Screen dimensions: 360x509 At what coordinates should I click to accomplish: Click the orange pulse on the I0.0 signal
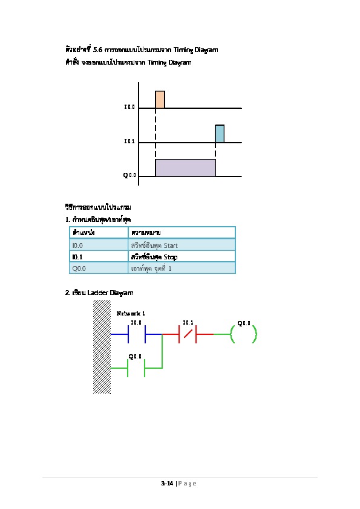[x=160, y=99]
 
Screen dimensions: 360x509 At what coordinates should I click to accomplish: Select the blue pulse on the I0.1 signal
[x=220, y=134]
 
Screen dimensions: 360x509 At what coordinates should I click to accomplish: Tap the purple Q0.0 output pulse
[x=185, y=167]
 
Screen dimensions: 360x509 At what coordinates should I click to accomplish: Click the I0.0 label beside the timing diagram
[x=129, y=107]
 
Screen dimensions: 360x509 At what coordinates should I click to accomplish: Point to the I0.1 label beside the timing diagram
[x=129, y=141]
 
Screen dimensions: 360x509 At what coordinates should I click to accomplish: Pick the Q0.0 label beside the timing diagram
[x=129, y=175]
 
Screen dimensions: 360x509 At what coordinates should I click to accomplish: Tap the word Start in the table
[x=171, y=245]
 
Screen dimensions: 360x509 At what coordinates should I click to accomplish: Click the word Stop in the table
[x=171, y=257]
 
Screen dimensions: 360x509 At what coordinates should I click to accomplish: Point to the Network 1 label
[x=131, y=313]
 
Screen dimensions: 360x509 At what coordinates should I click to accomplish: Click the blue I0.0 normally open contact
[x=137, y=334]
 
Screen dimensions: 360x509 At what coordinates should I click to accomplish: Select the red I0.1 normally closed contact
[x=188, y=334]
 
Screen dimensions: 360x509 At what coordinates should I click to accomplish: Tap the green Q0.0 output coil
[x=243, y=334]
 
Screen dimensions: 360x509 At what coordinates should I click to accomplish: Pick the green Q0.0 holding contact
[x=136, y=368]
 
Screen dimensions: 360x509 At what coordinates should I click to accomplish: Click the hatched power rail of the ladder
[x=102, y=347]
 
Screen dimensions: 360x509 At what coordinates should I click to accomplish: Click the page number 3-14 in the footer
[x=167, y=484]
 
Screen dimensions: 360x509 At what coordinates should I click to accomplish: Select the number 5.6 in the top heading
[x=97, y=50]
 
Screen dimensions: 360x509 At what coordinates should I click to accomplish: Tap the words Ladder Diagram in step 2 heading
[x=110, y=293]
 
